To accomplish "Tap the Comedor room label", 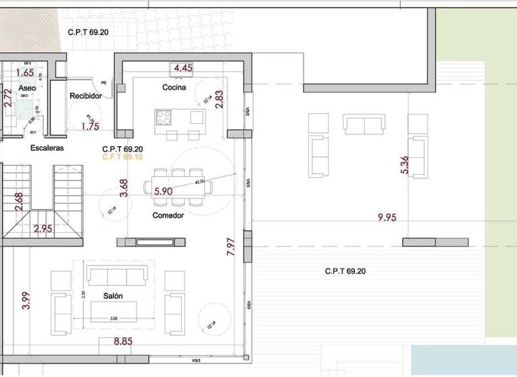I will click(x=168, y=215).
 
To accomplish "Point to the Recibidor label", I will click(x=85, y=96).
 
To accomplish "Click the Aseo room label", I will click(x=27, y=88).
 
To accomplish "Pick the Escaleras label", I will click(x=46, y=148).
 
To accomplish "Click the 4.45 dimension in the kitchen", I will click(x=183, y=68).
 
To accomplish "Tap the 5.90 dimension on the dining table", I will click(x=164, y=191).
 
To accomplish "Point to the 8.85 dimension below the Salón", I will click(x=123, y=341).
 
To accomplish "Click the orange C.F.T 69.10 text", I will click(x=123, y=157).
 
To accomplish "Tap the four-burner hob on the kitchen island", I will click(x=164, y=118).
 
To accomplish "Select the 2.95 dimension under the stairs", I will click(x=44, y=229).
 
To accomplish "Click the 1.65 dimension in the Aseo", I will click(x=24, y=73).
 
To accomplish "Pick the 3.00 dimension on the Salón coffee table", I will click(x=113, y=318).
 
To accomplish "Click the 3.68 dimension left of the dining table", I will click(x=123, y=187).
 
